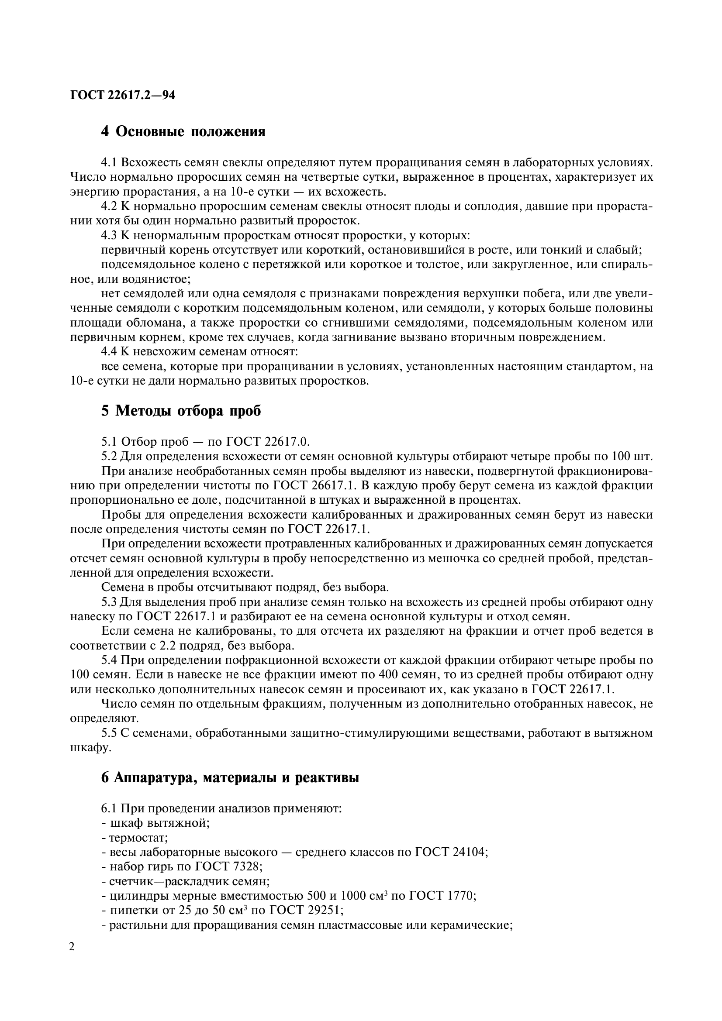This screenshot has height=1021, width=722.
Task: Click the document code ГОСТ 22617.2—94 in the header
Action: [x=122, y=95]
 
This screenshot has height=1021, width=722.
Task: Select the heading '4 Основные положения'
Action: [x=183, y=132]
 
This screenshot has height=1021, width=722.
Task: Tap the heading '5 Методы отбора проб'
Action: [x=181, y=411]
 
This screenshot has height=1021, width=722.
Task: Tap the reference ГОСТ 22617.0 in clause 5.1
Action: [x=267, y=442]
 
